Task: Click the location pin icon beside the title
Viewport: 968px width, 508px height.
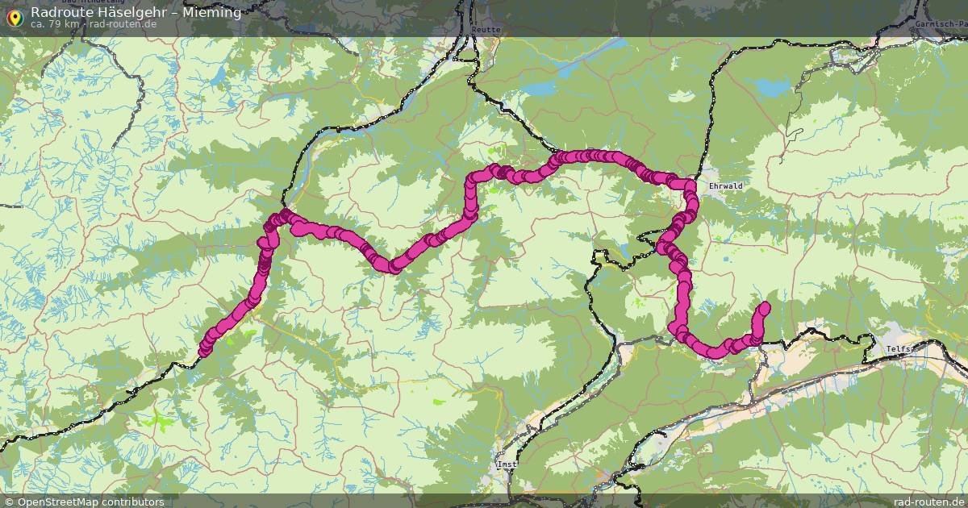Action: (15, 16)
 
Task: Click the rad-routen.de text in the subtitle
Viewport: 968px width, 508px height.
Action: (123, 24)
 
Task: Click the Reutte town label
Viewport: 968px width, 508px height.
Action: (489, 30)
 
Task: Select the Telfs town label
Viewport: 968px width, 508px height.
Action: (899, 348)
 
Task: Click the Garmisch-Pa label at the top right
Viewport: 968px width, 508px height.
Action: (941, 24)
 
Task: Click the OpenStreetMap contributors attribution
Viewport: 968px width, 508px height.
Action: (90, 502)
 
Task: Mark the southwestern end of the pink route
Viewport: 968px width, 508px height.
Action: (204, 350)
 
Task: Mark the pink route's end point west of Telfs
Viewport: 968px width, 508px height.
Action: (764, 307)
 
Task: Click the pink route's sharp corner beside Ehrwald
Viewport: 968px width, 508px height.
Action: (691, 185)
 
